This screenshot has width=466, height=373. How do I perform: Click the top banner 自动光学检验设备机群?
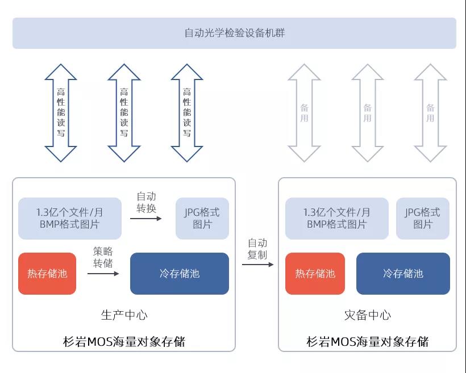[234, 33]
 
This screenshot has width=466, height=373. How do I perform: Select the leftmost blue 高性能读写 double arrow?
[61, 112]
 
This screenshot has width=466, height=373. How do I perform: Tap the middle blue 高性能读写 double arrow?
[124, 112]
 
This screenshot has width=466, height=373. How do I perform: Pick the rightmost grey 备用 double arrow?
[430, 112]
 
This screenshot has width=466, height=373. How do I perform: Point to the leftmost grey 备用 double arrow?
[304, 112]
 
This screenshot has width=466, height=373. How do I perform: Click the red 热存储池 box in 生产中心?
[47, 274]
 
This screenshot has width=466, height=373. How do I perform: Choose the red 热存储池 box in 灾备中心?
[315, 274]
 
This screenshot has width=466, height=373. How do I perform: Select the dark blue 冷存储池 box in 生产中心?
[180, 274]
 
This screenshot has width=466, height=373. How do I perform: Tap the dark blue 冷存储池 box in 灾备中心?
[403, 274]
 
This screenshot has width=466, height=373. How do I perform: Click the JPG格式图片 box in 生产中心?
[202, 219]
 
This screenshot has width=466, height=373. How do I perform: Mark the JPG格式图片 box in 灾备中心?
[422, 219]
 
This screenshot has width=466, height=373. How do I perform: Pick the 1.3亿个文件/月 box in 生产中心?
[70, 219]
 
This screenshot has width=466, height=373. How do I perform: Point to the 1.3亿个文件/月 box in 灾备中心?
[336, 219]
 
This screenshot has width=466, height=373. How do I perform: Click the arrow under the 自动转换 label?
[145, 219]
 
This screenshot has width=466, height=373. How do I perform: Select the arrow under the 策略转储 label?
[103, 274]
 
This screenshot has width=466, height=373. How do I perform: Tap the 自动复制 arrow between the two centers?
[257, 265]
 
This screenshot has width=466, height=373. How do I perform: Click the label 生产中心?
[124, 315]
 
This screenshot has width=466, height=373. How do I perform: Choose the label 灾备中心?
[368, 315]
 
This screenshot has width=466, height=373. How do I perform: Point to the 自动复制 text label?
[257, 249]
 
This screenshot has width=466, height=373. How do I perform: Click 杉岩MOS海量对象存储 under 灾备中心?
[368, 342]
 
